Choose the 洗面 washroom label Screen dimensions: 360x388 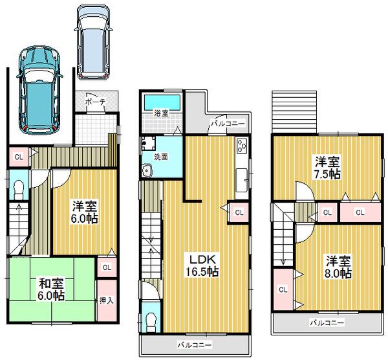pyautogui.click(x=161, y=156)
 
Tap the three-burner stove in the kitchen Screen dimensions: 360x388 pyautogui.click(x=242, y=145)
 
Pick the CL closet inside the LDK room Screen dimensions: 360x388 pyautogui.click(x=238, y=211)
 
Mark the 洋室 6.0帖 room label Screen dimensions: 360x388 pyautogui.click(x=84, y=212)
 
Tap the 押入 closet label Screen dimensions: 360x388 pyautogui.click(x=106, y=300)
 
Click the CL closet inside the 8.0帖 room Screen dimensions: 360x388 pyautogui.click(x=282, y=289)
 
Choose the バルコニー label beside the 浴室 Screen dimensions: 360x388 pyautogui.click(x=226, y=123)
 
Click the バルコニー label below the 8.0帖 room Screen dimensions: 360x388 pyautogui.click(x=326, y=322)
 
